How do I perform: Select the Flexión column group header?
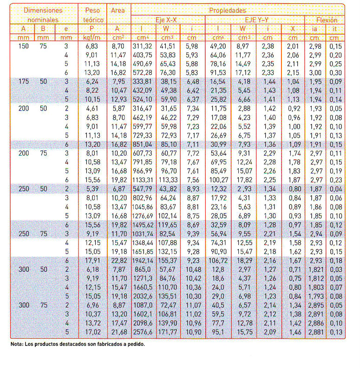(x=327, y=20)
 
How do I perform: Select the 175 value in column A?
(x=23, y=81)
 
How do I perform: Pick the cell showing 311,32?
(x=143, y=46)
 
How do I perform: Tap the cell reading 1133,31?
(x=143, y=180)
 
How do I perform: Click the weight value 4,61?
(x=93, y=108)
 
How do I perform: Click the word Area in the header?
(x=118, y=10)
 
